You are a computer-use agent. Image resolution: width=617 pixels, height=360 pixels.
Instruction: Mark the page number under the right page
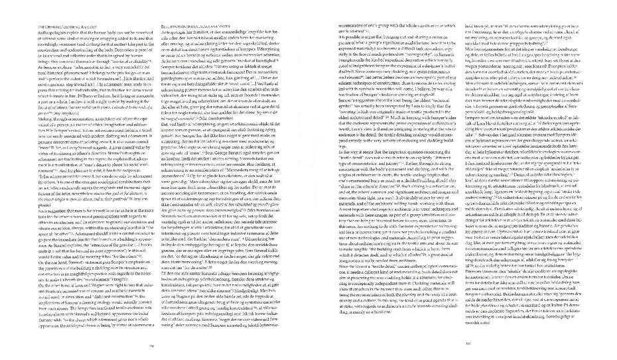(x=468, y=343)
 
